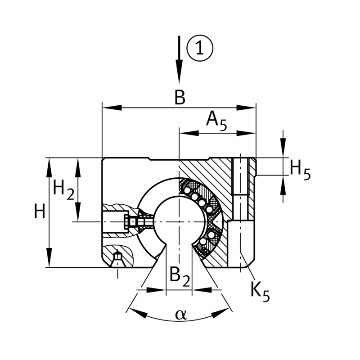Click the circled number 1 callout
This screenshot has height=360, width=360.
200,48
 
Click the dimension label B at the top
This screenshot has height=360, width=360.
180,97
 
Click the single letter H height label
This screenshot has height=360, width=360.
40,211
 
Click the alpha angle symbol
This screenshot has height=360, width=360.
181,315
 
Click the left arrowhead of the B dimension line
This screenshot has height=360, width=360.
112,108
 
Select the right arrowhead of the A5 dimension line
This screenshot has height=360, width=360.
246,133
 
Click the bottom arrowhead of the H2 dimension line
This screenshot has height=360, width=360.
78,211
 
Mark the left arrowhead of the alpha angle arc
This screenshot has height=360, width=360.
138,313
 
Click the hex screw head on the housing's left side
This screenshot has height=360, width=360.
127,222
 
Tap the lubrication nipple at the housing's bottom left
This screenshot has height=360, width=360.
117,260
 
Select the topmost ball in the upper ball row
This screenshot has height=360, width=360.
188,190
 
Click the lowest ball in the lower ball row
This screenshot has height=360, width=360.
203,242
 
